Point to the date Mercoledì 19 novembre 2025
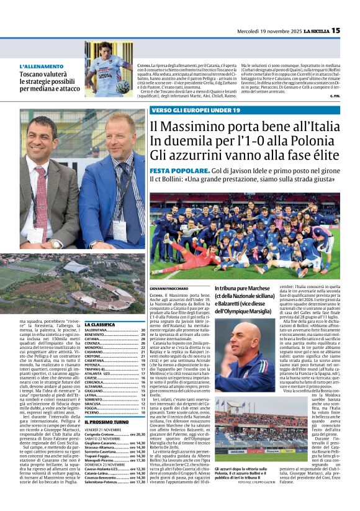pyautogui.click(x=266, y=30)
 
